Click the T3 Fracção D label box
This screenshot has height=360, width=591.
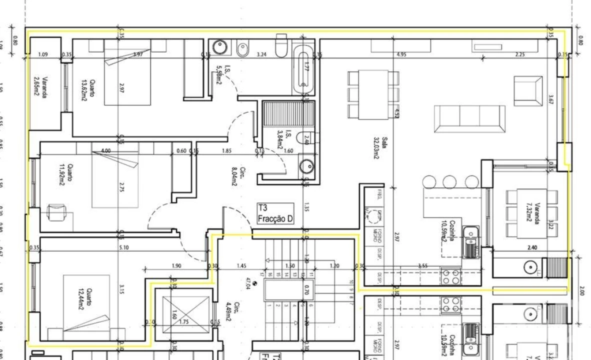274,213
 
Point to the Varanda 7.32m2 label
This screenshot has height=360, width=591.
534,213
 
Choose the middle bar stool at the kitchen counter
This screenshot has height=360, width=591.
449,181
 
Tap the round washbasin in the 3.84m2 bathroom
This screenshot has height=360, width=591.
306,166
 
